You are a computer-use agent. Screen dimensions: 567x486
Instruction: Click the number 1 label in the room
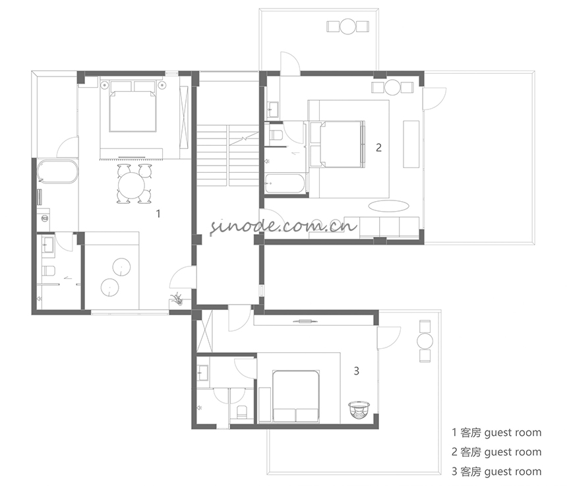[x=158, y=214]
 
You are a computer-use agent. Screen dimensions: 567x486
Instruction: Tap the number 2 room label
[x=378, y=148]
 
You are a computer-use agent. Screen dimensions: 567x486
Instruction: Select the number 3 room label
[x=357, y=371]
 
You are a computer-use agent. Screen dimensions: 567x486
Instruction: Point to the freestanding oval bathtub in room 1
[x=57, y=171]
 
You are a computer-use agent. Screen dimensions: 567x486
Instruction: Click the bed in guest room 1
[x=133, y=111]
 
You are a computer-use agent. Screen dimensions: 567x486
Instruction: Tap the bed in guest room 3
[x=296, y=396]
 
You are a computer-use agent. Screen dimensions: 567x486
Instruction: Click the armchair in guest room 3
[x=359, y=410]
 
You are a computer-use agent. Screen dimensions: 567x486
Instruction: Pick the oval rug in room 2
[x=389, y=206]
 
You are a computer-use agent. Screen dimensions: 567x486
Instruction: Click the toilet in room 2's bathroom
[x=276, y=135]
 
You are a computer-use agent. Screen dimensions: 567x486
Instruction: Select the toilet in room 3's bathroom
[x=241, y=412]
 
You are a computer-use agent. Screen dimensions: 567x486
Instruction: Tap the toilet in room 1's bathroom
[x=48, y=270]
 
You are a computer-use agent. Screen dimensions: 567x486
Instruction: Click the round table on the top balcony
[x=348, y=26]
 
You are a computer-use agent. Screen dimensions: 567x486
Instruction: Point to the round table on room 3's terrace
[x=425, y=341]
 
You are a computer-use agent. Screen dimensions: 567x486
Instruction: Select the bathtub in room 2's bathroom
[x=285, y=184]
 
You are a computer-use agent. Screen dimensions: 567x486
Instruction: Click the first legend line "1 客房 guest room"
[x=496, y=433]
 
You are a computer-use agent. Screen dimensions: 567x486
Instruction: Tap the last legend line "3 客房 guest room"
[x=496, y=471]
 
